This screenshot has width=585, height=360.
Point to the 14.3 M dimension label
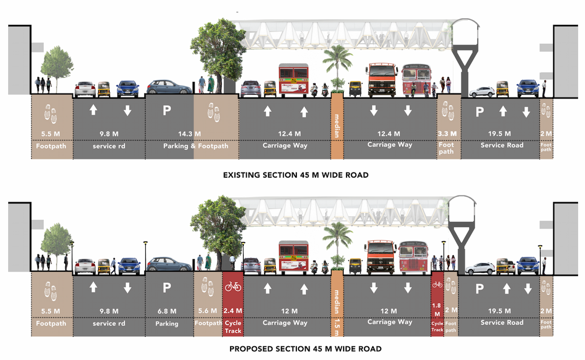189,134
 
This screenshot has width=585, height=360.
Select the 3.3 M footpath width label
447,134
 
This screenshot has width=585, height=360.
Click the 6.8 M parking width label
167,311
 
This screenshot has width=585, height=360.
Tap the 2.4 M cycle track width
233,311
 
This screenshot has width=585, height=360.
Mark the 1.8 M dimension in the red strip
437,309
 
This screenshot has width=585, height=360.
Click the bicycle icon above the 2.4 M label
233,286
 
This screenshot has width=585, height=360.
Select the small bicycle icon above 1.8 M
437,284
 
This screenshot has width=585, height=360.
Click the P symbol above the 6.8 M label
167,287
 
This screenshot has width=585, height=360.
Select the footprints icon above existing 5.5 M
51,114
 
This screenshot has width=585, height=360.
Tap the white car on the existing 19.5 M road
482,92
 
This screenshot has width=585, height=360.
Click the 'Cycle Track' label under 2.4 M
233,326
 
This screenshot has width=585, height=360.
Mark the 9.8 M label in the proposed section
109,311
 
